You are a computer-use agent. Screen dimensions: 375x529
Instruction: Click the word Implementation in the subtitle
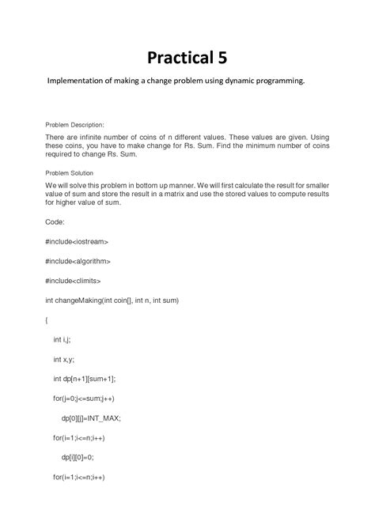tap(78, 81)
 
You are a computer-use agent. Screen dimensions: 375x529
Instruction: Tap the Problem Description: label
tap(80, 125)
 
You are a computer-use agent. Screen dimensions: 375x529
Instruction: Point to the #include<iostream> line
tap(77, 241)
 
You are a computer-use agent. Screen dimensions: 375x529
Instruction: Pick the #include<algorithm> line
tap(78, 261)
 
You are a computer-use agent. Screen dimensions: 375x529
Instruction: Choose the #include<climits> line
tap(73, 281)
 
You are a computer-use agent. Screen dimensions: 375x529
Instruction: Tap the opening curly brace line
tap(47, 319)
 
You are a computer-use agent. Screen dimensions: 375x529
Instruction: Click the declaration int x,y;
tap(63, 358)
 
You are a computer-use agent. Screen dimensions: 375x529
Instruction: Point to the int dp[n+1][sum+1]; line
tap(88, 378)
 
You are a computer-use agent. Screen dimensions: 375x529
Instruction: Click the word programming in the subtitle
tap(275, 81)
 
